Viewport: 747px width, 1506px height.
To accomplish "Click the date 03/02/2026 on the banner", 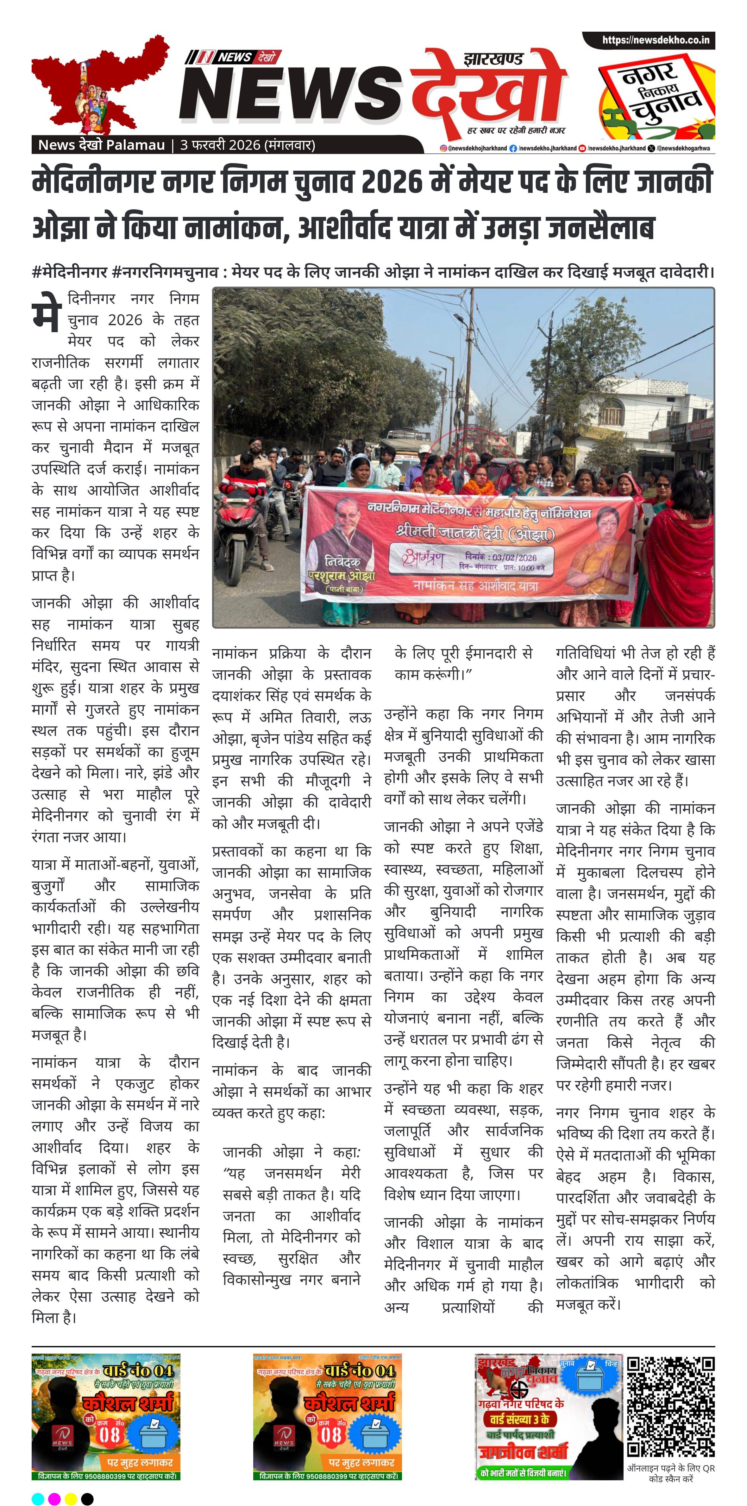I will point(514,557).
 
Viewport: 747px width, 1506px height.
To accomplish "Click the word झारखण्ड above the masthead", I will point(493,59).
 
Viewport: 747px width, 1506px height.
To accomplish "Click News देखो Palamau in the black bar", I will point(101,145).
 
